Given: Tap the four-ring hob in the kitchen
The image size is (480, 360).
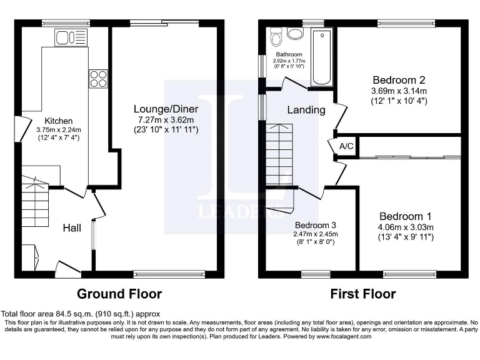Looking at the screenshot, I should coord(97,77).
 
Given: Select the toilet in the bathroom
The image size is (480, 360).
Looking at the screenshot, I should coord(276,37).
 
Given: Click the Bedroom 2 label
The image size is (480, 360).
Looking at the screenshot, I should coord(399,80).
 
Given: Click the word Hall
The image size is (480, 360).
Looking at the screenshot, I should coord(72,228).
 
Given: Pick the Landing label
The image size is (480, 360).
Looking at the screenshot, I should coord(306,110).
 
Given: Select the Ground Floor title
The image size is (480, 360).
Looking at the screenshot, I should coord(119,294).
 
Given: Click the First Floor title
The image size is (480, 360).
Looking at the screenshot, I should coord(364,294).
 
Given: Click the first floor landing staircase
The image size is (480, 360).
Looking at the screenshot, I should coord(279,154).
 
